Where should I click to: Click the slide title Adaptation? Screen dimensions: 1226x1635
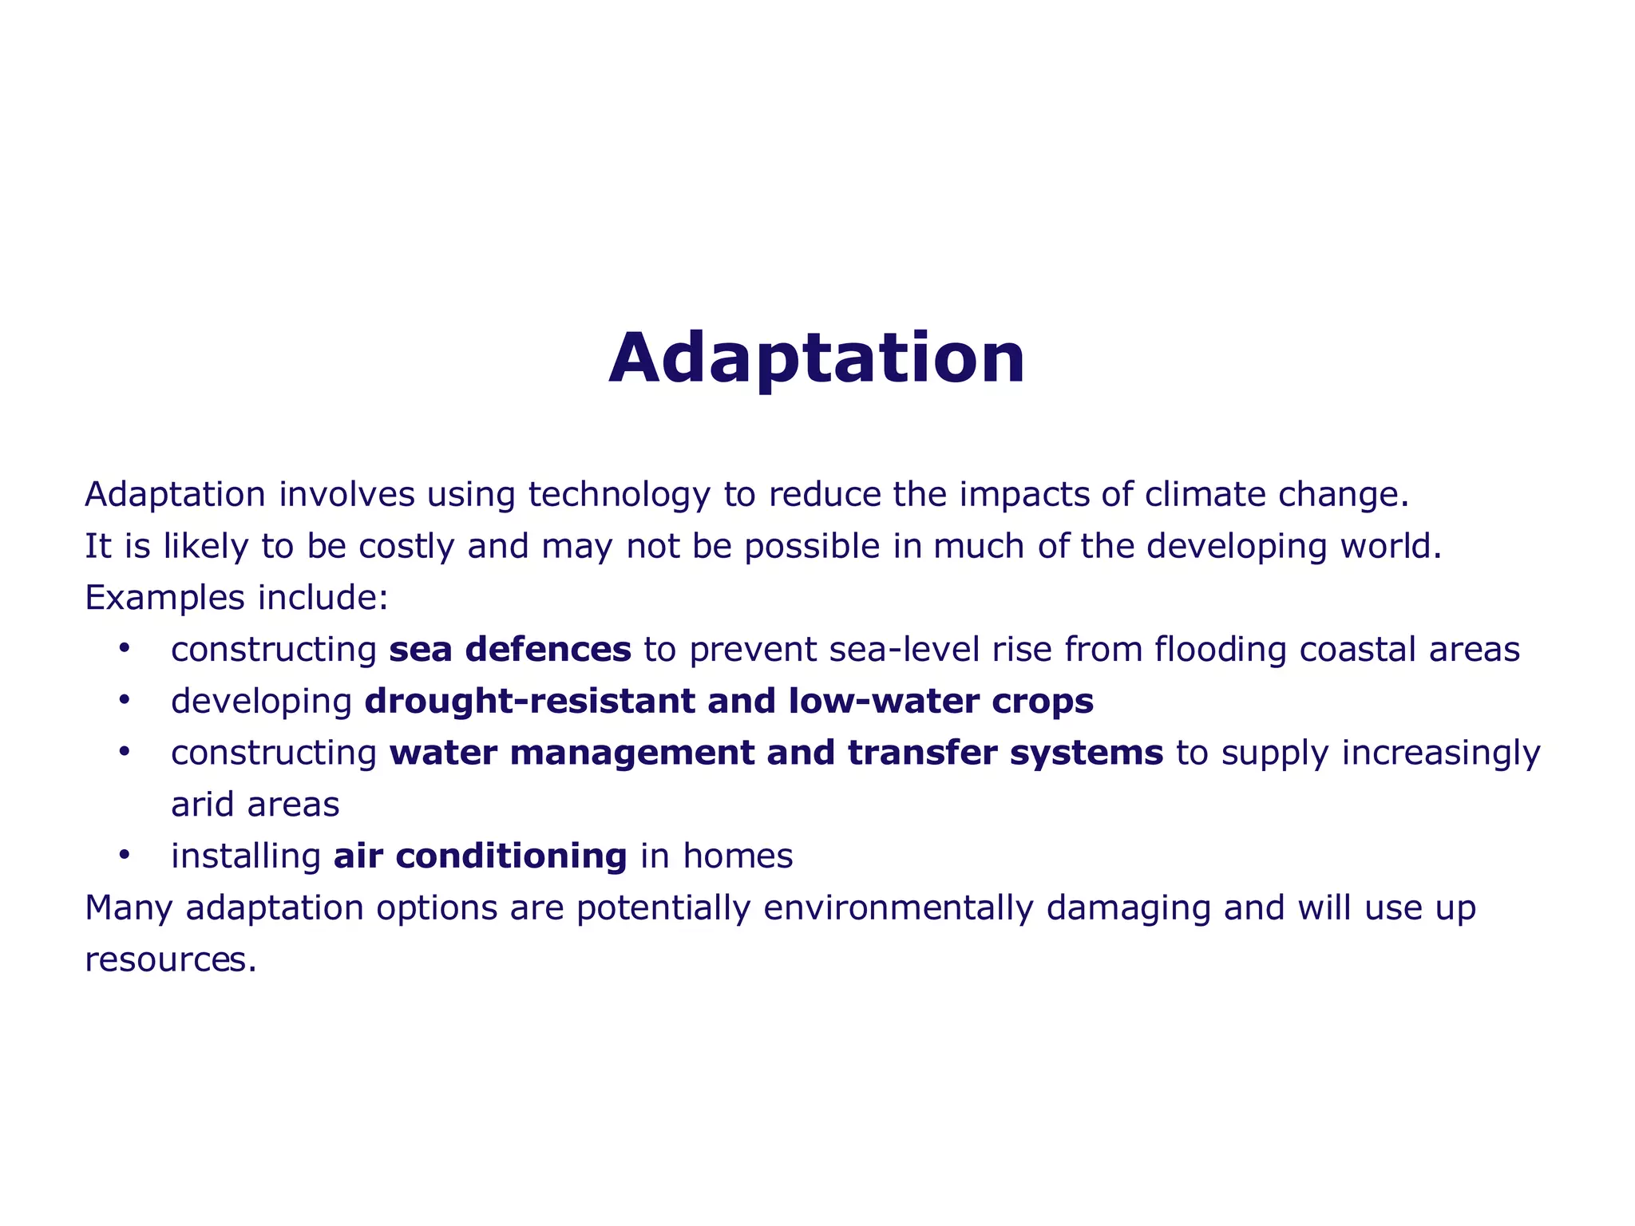[817, 359]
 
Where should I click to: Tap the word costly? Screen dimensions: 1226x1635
[406, 547]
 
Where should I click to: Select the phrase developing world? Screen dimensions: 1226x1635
[1293, 547]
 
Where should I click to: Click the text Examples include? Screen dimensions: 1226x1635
[237, 598]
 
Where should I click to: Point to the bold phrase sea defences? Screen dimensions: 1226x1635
[510, 650]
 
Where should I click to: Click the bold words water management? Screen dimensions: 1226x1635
[572, 753]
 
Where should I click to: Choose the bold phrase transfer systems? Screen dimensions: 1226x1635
[1005, 753]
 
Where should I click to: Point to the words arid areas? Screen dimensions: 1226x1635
[255, 805]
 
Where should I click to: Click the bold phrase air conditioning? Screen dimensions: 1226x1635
[480, 856]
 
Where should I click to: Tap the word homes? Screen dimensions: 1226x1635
[738, 856]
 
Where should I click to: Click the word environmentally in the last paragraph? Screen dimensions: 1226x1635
[898, 908]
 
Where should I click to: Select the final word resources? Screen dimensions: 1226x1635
[170, 960]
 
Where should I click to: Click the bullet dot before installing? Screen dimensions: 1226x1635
[124, 855]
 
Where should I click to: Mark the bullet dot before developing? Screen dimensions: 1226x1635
[124, 700]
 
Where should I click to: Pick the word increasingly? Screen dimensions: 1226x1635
[1440, 753]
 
